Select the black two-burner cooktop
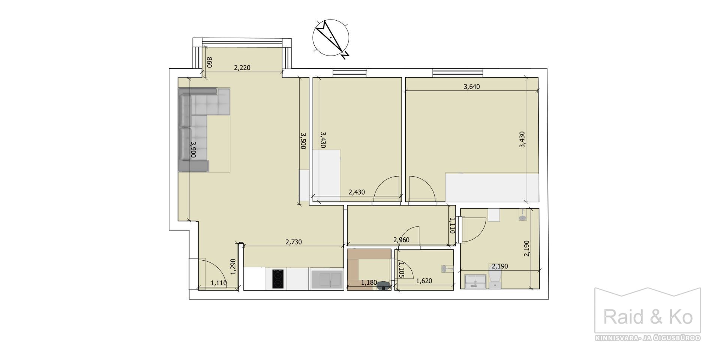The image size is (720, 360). [x=277, y=279]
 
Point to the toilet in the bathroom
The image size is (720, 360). [x=495, y=276]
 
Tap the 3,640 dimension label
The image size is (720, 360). [x=472, y=87]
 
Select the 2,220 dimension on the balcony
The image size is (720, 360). [x=242, y=68]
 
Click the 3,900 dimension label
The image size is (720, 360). [x=193, y=149]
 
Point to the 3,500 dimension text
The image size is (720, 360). [x=303, y=141]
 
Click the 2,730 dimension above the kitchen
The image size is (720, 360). [x=294, y=242]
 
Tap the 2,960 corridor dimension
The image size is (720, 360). [x=401, y=240]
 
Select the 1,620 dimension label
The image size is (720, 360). [x=424, y=280]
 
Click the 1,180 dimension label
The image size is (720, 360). [x=369, y=282]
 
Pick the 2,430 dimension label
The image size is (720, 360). [x=357, y=192]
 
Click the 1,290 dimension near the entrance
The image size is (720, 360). [x=233, y=267]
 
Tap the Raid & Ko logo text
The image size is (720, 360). [x=648, y=317]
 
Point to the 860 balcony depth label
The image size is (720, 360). [x=209, y=62]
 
